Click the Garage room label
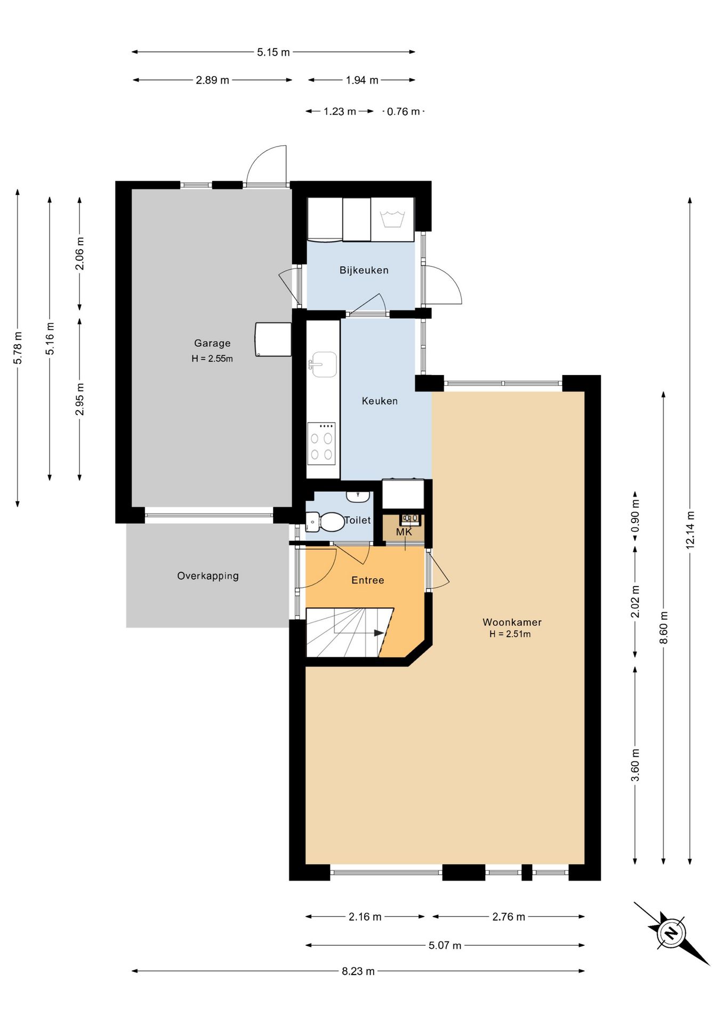(212, 343)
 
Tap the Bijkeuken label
(364, 270)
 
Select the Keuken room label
(380, 401)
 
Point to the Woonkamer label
(512, 622)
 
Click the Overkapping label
(208, 576)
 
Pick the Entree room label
(368, 580)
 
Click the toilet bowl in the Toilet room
(326, 522)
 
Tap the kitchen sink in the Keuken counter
(323, 364)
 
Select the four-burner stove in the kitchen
(321, 443)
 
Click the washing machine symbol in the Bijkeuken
(392, 220)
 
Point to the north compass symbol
(671, 933)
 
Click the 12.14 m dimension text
(690, 530)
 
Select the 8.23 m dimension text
(358, 971)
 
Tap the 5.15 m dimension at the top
(273, 52)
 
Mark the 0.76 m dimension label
(404, 111)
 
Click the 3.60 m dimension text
(635, 765)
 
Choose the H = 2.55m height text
(212, 359)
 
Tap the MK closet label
(404, 532)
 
